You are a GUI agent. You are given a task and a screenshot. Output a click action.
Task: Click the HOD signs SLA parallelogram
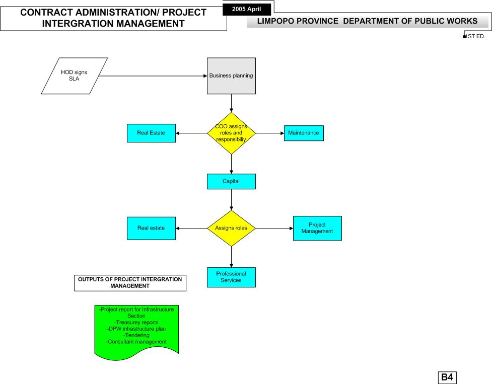(x=75, y=76)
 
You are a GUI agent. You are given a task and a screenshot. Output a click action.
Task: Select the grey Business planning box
(x=231, y=76)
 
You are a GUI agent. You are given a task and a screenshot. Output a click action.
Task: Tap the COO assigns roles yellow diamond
(x=231, y=133)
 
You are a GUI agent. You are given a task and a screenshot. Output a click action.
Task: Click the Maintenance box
(x=304, y=133)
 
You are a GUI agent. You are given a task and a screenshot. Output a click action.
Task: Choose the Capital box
(x=231, y=182)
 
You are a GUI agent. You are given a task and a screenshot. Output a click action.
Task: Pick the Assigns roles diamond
(x=231, y=228)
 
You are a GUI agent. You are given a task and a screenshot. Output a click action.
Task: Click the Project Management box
(x=317, y=228)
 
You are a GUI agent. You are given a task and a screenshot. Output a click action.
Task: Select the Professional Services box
(x=231, y=277)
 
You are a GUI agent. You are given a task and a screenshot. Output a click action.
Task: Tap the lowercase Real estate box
(x=151, y=228)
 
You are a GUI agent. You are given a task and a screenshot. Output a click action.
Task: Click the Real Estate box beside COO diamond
(x=151, y=133)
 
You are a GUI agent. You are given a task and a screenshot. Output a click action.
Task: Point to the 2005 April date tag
(x=247, y=10)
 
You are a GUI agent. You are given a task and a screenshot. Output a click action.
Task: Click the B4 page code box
(x=447, y=377)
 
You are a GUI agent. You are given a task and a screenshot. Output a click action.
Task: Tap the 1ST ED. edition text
(x=475, y=36)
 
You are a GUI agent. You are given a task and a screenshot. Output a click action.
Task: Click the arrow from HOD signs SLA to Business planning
(x=153, y=76)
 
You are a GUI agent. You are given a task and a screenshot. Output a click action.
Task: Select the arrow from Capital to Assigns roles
(x=231, y=200)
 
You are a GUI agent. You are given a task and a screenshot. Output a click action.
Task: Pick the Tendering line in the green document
(x=136, y=335)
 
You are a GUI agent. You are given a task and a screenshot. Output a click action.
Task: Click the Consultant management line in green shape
(x=136, y=342)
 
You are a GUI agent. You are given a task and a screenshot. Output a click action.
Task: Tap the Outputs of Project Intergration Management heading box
(x=130, y=283)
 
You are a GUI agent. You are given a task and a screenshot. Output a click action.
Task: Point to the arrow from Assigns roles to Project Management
(x=274, y=228)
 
